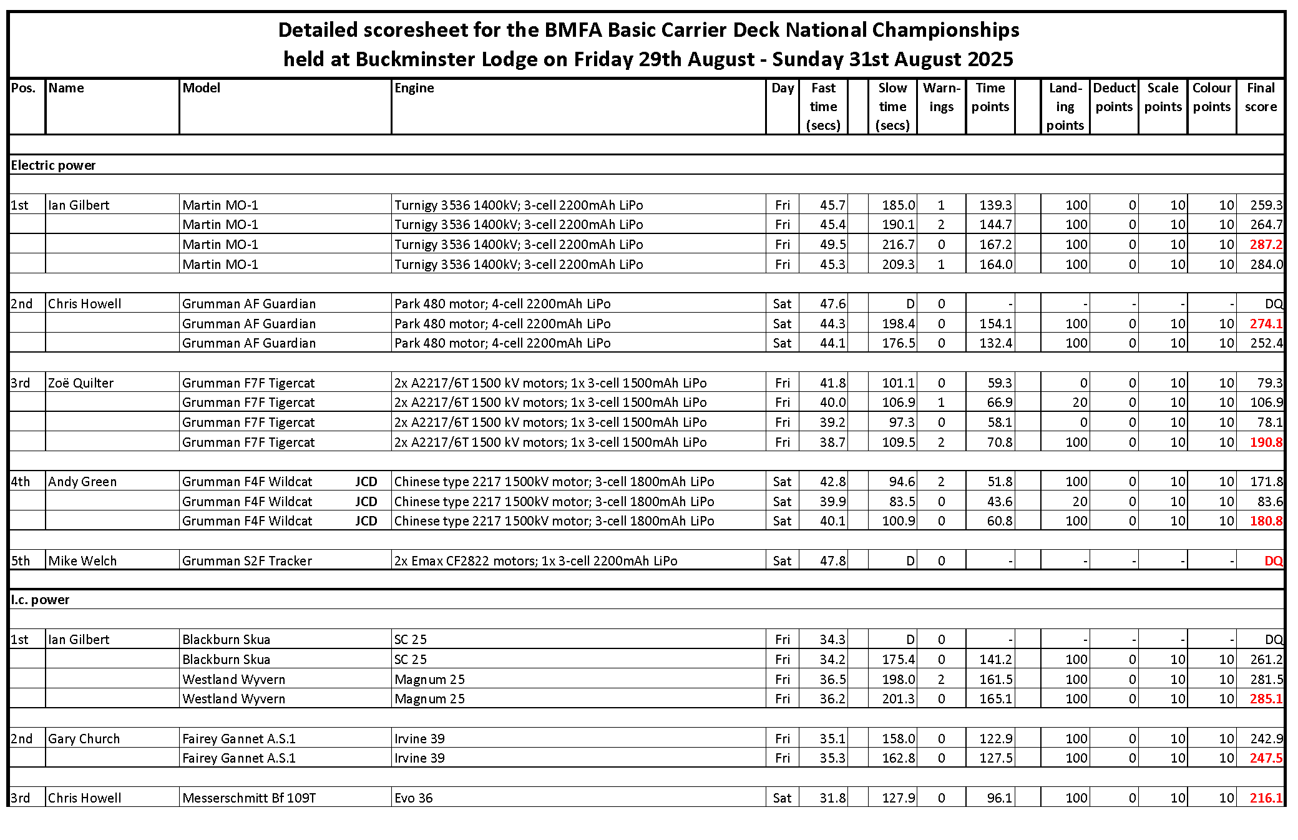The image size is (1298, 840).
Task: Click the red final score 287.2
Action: pyautogui.click(x=1266, y=245)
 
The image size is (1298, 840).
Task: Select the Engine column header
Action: pyautogui.click(x=414, y=88)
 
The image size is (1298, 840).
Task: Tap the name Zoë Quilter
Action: pyautogui.click(x=81, y=383)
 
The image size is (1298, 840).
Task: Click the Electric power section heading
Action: pyautogui.click(x=54, y=165)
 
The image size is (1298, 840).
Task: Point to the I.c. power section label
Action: pyautogui.click(x=41, y=600)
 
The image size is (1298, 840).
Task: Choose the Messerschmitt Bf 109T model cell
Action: pyautogui.click(x=249, y=798)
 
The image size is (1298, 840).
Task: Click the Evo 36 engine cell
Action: pyautogui.click(x=413, y=798)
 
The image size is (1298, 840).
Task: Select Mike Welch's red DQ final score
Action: pyautogui.click(x=1273, y=561)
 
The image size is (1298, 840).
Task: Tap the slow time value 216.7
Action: pyautogui.click(x=898, y=245)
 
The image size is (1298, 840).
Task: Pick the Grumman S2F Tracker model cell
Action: pyautogui.click(x=247, y=561)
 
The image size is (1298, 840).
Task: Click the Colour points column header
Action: pyautogui.click(x=1211, y=97)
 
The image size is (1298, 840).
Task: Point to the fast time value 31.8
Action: pyautogui.click(x=832, y=798)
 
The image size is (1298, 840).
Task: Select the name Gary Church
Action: pyautogui.click(x=84, y=739)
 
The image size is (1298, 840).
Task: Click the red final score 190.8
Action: pyautogui.click(x=1266, y=442)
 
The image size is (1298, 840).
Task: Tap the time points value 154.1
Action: pyautogui.click(x=995, y=324)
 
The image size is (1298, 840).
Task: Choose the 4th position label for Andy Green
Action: pyautogui.click(x=21, y=482)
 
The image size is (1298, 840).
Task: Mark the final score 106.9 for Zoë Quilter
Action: pyautogui.click(x=1266, y=403)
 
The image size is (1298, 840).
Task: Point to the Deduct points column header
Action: pyautogui.click(x=1114, y=97)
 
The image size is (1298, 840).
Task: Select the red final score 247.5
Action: pyautogui.click(x=1266, y=758)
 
